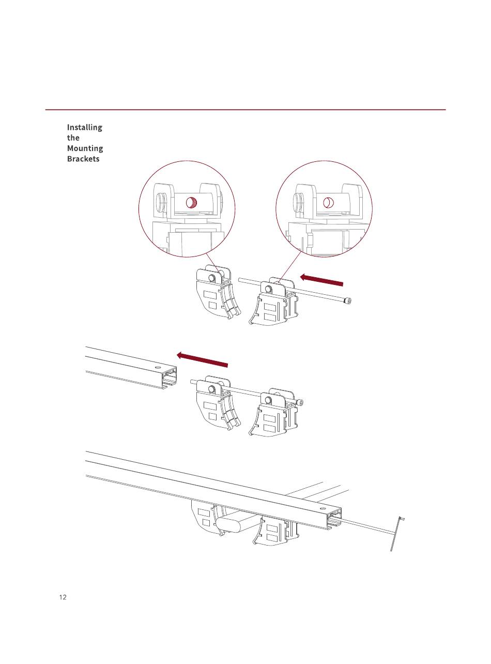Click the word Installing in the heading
(x=85, y=128)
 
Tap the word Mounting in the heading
(x=85, y=148)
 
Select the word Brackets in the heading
(x=83, y=159)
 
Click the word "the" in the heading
(x=73, y=138)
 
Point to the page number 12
(x=63, y=597)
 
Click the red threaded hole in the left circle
(x=191, y=203)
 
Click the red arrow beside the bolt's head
(x=321, y=280)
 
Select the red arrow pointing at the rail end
(x=202, y=360)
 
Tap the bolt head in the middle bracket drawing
(x=299, y=402)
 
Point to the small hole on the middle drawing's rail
(x=157, y=367)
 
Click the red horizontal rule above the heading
(x=245, y=110)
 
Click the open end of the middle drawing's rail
(x=169, y=378)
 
